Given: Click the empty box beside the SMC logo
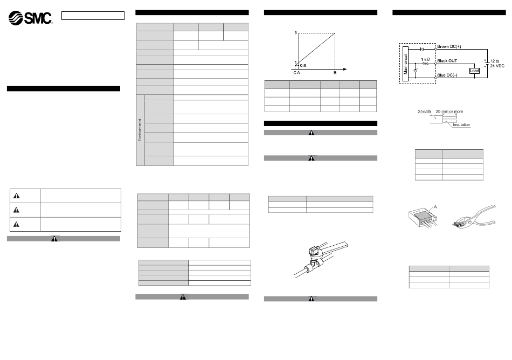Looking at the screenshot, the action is pyautogui.click(x=92, y=15).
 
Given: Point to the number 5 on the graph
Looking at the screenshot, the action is pyautogui.click(x=295, y=33).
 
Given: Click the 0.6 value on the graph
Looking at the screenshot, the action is pyautogui.click(x=303, y=65).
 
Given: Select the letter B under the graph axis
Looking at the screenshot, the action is pyautogui.click(x=335, y=73).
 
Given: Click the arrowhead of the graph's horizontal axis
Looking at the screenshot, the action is pyautogui.click(x=344, y=69).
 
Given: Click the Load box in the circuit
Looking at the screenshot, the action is pyautogui.click(x=474, y=71).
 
